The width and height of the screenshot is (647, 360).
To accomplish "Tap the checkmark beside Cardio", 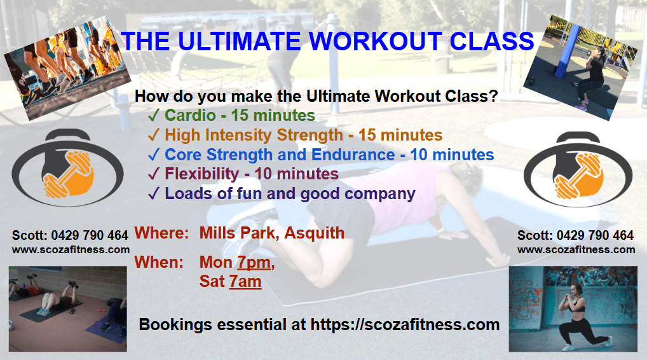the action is coord(154,115).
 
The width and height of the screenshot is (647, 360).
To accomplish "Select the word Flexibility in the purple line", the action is coord(201,174).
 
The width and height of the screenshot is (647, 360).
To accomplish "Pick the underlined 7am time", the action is coord(245,281).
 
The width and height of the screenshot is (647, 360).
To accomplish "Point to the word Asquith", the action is coord(315,233).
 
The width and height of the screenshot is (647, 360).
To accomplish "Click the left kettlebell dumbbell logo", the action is coord(67,167).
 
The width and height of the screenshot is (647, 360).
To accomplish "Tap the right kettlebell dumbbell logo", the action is coord(578,169).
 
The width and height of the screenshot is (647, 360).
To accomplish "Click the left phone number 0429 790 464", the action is coord(90,235).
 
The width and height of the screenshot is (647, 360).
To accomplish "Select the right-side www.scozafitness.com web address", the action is coord(576,249).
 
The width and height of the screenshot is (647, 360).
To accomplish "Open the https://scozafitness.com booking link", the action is coord(405,324).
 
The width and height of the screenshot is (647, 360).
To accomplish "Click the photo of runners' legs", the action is coord(67,68).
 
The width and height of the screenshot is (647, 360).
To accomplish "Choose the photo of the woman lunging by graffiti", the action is coord(573,309).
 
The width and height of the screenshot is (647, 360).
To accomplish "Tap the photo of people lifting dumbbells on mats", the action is coord(67,309).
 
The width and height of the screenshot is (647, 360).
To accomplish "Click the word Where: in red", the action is coord(161,233).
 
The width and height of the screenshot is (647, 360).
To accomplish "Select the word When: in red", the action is coord(159,262).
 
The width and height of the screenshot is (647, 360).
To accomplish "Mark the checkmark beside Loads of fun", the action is coord(154,193).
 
